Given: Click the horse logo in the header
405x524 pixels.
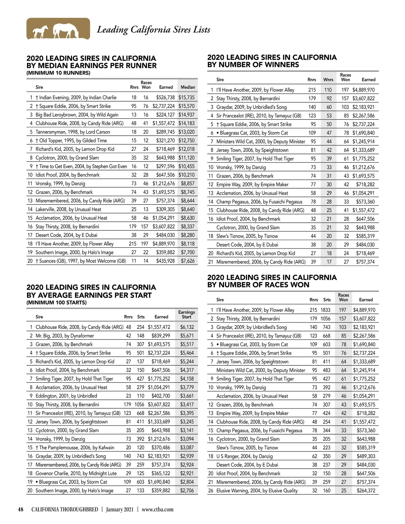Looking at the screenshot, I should (58, 29).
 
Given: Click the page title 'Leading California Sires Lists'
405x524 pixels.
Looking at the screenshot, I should (154, 30).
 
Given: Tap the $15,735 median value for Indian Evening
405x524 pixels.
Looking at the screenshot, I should (186, 98).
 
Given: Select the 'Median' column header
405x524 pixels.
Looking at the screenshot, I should (188, 87).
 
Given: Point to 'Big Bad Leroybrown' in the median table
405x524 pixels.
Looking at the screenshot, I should (77, 115).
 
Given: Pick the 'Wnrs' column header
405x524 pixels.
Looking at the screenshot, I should (328, 80).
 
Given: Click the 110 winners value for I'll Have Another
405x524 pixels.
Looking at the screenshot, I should (328, 90).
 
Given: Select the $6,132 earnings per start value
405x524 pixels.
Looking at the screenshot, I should (187, 327).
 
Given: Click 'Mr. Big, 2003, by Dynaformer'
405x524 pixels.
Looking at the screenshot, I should (65, 336).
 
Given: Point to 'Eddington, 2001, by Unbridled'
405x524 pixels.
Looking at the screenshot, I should (66, 396).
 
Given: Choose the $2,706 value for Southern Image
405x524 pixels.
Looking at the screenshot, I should (187, 491).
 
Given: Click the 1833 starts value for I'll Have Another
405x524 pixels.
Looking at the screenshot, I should (325, 310).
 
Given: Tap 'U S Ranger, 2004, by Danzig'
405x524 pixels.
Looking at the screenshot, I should (244, 456).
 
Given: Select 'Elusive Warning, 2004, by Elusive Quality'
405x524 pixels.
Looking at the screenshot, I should (257, 491).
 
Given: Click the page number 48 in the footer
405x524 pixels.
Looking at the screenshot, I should (21, 509).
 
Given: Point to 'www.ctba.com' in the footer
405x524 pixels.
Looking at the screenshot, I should (158, 509).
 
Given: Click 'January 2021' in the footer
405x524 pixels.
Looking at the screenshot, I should (119, 509).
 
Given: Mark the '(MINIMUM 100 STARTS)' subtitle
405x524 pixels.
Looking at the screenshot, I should (56, 303).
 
